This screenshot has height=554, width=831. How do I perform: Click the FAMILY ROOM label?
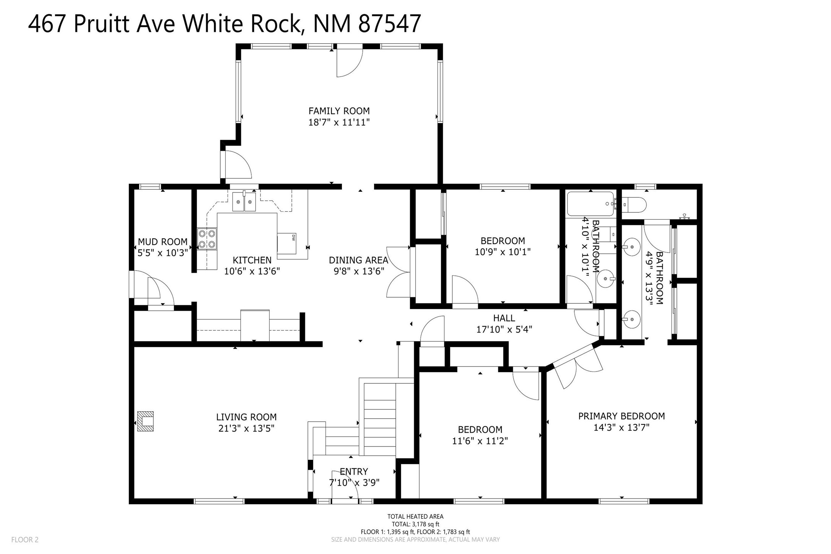tap(339, 111)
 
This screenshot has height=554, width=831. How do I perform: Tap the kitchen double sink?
tap(244, 202)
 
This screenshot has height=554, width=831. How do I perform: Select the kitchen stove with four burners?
tap(207, 239)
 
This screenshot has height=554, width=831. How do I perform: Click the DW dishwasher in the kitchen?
tap(287, 243)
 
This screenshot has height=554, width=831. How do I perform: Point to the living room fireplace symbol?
tap(145, 421)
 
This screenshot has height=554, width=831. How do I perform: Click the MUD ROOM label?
tap(163, 242)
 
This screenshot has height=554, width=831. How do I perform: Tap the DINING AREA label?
tap(358, 260)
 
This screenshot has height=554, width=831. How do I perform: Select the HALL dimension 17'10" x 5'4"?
tap(504, 329)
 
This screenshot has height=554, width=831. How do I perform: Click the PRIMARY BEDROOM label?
tap(621, 416)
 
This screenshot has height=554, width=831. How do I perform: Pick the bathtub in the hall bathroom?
tap(590, 204)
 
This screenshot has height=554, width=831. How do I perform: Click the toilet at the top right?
tap(634, 205)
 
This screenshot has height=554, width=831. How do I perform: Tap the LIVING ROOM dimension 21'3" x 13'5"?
tap(246, 428)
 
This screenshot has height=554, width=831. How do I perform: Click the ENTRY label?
tap(354, 471)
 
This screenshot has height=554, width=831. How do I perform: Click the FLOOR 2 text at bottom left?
tap(25, 540)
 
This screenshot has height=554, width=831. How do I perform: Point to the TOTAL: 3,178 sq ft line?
tap(415, 524)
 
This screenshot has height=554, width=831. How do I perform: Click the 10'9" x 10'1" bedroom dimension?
tap(503, 252)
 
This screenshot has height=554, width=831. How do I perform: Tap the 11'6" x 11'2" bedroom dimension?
tap(480, 441)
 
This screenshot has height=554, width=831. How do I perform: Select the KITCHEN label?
tap(252, 260)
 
